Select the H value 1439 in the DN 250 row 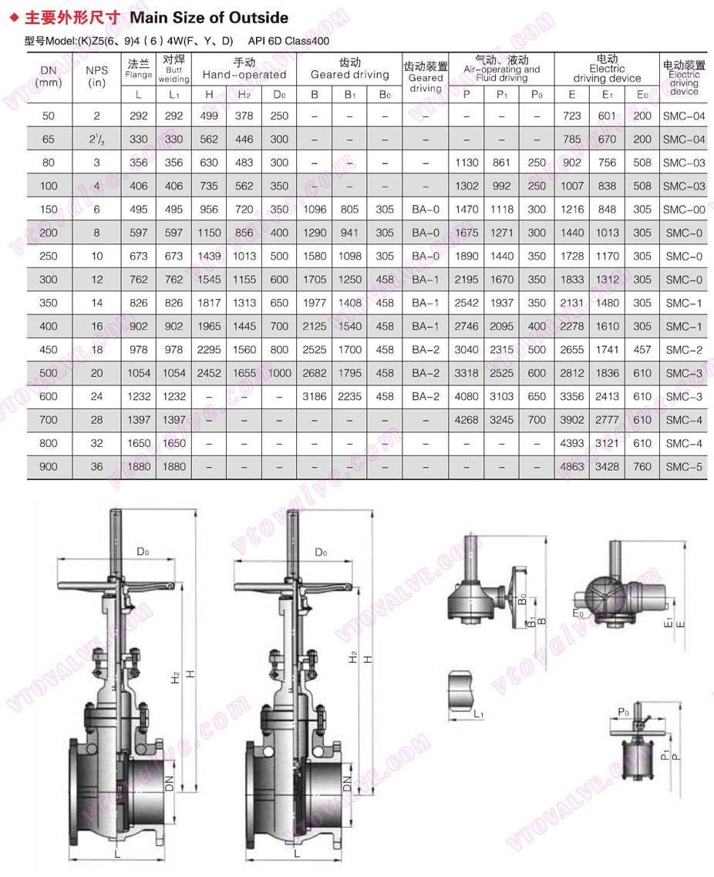pyautogui.click(x=209, y=257)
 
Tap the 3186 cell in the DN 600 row pyautogui.click(x=315, y=397)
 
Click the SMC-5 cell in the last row pyautogui.click(x=684, y=467)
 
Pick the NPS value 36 pyautogui.click(x=96, y=467)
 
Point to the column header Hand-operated pyautogui.click(x=244, y=75)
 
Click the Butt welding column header pyautogui.click(x=173, y=69)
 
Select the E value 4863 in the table pyautogui.click(x=571, y=467)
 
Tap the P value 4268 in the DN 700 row pyautogui.click(x=466, y=420)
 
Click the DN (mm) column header pyautogui.click(x=49, y=76)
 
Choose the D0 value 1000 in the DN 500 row pyautogui.click(x=279, y=374)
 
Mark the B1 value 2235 pyautogui.click(x=349, y=397)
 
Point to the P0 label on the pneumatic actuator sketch pyautogui.click(x=623, y=713)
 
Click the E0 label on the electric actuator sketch pyautogui.click(x=578, y=613)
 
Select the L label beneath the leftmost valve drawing pyautogui.click(x=116, y=854)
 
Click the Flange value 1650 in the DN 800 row pyautogui.click(x=138, y=444)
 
